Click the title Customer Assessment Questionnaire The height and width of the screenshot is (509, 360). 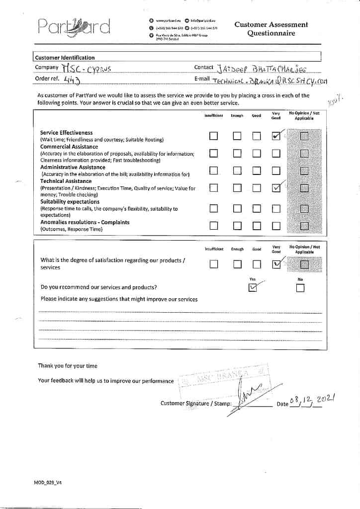(x=271, y=29)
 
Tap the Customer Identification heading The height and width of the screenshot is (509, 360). (x=65, y=58)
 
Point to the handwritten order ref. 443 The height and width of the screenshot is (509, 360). (x=72, y=79)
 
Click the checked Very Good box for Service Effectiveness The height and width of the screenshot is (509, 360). (x=276, y=136)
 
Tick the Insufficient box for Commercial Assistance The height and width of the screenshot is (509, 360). (x=214, y=153)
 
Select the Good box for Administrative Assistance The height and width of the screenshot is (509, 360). (x=257, y=170)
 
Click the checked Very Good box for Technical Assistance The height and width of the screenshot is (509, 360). (x=276, y=188)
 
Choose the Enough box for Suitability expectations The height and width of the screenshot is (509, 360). (x=237, y=209)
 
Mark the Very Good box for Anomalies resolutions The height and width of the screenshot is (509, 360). (x=276, y=226)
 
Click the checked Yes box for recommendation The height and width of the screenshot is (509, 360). (x=253, y=287)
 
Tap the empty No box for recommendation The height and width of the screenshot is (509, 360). (x=300, y=288)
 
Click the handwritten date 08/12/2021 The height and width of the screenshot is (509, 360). (x=313, y=400)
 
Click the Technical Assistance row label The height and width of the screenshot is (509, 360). (x=66, y=181)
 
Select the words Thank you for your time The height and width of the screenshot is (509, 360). (x=68, y=366)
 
